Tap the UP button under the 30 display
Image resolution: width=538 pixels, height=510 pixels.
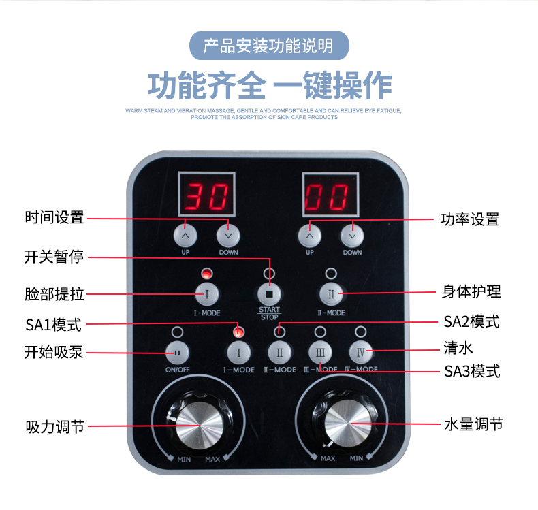pos(186,235)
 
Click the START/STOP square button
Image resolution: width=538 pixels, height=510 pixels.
pos(269,295)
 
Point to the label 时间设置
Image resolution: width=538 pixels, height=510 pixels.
pos(54,218)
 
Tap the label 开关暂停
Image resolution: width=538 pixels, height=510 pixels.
pos(54,257)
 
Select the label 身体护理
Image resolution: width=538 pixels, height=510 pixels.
pos(471,291)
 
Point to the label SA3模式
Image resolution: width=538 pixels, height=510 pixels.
pos(472,371)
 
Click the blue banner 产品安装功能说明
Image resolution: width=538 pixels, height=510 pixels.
pos(269,46)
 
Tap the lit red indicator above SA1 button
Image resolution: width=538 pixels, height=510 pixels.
pos(238,332)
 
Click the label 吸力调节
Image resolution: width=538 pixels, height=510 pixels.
pos(54,427)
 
